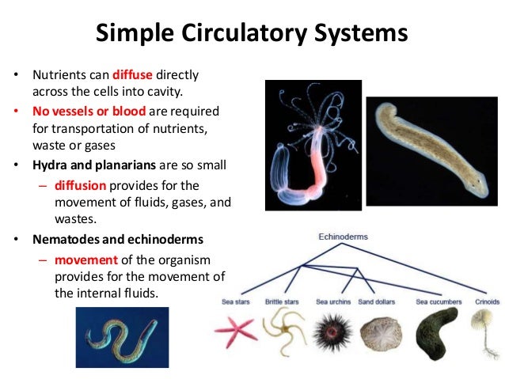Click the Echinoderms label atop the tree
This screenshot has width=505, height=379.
tap(343, 237)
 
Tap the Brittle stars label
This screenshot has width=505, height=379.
tap(283, 301)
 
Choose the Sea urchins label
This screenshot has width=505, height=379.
tap(334, 301)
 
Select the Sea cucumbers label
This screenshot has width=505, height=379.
tap(438, 301)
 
